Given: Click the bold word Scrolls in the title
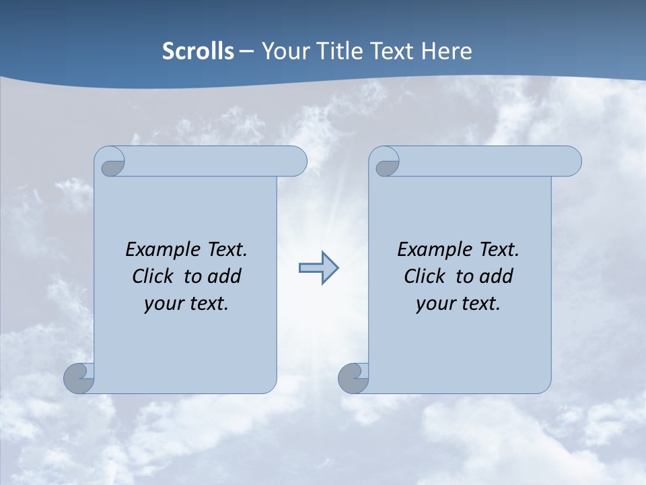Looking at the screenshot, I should [198, 51].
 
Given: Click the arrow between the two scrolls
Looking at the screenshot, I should [318, 268].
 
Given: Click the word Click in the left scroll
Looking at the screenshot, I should [153, 276].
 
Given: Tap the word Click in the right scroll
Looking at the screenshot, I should [425, 276].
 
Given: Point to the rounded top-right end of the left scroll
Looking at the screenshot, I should [296, 162].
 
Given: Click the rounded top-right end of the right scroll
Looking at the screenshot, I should [571, 162].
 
